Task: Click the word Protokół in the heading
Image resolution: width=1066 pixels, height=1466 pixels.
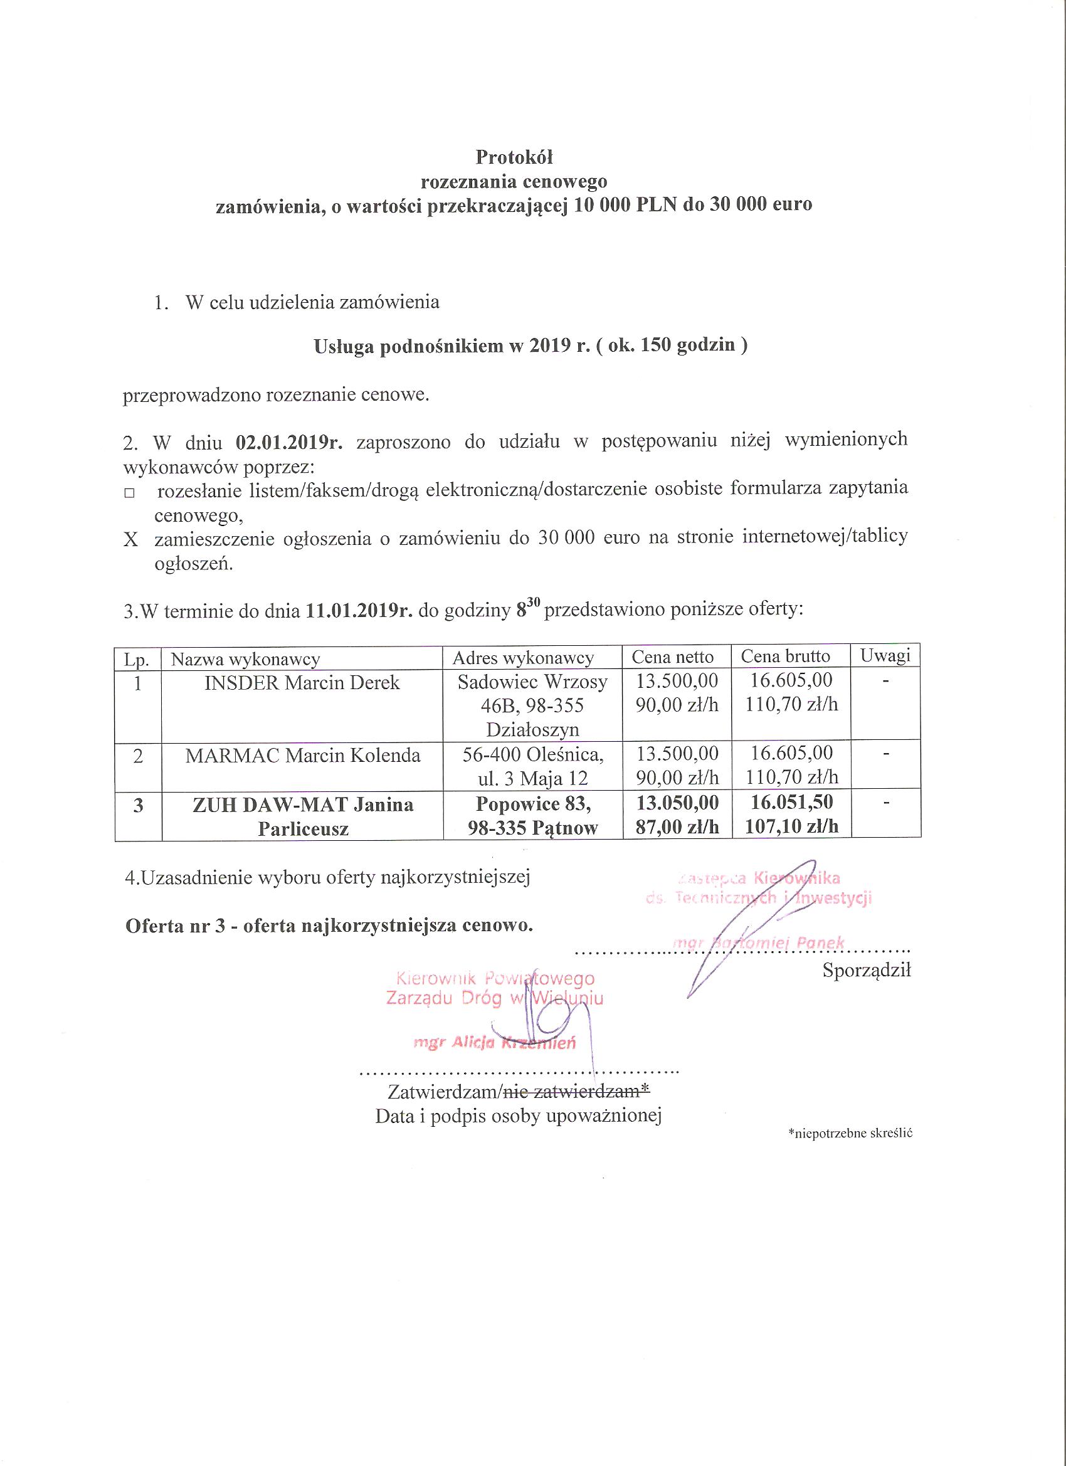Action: [x=514, y=157]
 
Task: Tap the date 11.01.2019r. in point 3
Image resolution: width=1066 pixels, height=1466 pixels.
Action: [x=359, y=611]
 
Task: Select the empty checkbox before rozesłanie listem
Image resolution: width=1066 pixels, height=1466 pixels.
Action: [x=129, y=493]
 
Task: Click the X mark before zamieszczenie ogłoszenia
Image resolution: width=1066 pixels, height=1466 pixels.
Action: [x=130, y=540]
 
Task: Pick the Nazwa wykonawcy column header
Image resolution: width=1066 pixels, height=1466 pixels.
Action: [x=245, y=659]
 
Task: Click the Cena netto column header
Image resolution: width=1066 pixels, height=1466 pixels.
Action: [x=672, y=657]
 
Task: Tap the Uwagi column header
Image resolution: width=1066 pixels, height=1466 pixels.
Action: [x=885, y=656]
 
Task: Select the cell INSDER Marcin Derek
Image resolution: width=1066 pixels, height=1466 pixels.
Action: [x=302, y=683]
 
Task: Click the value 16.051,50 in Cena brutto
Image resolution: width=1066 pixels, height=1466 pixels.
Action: [x=791, y=803]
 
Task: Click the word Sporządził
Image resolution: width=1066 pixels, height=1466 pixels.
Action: [x=866, y=970]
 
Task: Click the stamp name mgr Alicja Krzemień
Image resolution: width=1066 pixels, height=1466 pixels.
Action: [x=495, y=1043]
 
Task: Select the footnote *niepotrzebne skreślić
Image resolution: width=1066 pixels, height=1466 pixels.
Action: [x=849, y=1133]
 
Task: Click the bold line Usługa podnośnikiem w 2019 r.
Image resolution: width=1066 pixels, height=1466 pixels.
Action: [x=530, y=347]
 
